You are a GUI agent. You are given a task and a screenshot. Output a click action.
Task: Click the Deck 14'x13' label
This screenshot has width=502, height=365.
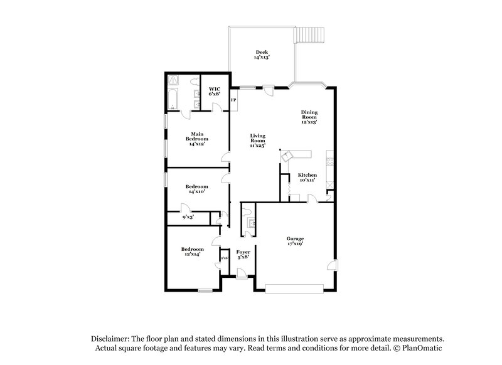pyautogui.click(x=262, y=55)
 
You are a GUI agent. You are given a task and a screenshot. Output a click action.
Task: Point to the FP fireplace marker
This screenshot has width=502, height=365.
pyautogui.click(x=233, y=100)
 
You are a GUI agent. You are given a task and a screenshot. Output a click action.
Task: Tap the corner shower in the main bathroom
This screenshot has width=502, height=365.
pyautogui.click(x=174, y=80)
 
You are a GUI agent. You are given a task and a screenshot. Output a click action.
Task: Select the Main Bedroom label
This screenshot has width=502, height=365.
pyautogui.click(x=197, y=138)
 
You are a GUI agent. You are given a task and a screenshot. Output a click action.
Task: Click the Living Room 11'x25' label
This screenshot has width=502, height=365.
pyautogui.click(x=257, y=140)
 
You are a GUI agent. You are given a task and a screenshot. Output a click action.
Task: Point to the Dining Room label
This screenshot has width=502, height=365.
pyautogui.click(x=309, y=117)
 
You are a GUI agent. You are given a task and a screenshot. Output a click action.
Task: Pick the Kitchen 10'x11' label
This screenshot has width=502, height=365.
pyautogui.click(x=307, y=177)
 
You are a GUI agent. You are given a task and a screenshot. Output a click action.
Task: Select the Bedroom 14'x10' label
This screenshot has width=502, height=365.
pyautogui.click(x=196, y=189)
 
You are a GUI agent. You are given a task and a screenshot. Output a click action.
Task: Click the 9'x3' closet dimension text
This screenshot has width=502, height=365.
pyautogui.click(x=188, y=216)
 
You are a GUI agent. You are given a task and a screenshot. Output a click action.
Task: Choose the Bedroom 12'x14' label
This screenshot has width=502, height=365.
pyautogui.click(x=193, y=251)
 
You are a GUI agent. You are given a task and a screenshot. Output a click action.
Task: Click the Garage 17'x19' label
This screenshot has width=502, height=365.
pyautogui.click(x=295, y=241)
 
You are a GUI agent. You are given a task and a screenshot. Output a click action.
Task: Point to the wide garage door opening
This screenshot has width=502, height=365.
pyautogui.click(x=295, y=288)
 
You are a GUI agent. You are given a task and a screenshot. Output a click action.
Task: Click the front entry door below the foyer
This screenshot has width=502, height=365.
pyautogui.click(x=240, y=272)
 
